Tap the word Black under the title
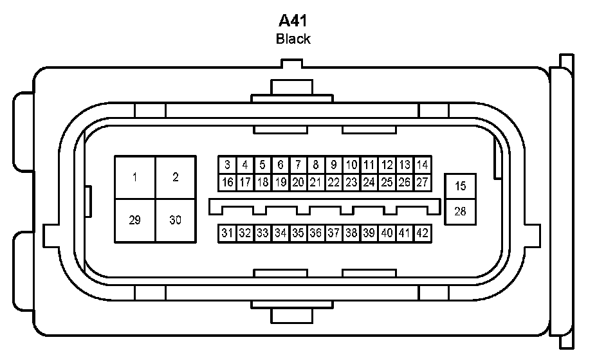pos(293,39)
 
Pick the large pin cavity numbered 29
pos(134,220)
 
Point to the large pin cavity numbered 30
pos(176,220)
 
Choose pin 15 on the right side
pos(460,186)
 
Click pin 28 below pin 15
pos(460,211)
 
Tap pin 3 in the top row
pos(227,165)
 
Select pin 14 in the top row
pos(422,165)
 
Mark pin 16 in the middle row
pos(227,182)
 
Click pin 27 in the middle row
pos(422,182)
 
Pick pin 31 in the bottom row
pos(226,233)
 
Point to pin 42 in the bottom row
pos(422,233)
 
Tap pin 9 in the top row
pos(333,165)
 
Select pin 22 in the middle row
pos(333,182)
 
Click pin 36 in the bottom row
pos(315,233)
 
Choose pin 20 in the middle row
pos(298,182)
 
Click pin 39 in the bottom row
pos(369,233)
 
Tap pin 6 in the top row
pos(280,165)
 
